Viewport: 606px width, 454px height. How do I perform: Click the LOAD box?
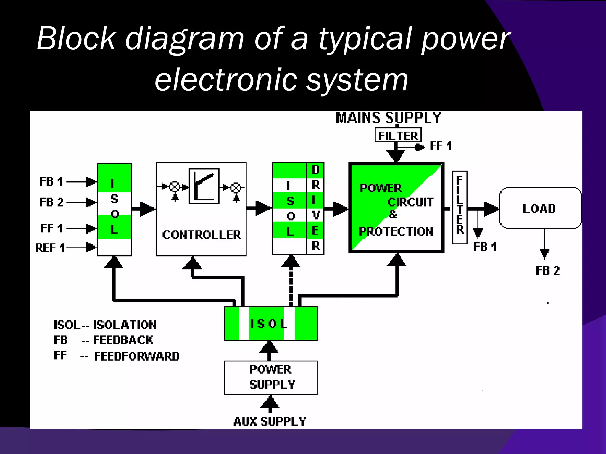pos(540,208)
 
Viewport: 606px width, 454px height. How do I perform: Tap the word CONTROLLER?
pos(202,235)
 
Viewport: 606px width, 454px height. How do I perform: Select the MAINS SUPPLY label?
pos(388,118)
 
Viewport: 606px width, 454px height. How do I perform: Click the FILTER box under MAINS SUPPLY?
pos(398,135)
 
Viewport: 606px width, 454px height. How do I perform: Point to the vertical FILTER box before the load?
pos(460,207)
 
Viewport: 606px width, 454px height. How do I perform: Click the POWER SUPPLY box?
pos(271,377)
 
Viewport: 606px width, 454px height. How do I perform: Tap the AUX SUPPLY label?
pos(270,421)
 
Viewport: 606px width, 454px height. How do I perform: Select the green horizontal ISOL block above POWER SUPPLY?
pos(270,324)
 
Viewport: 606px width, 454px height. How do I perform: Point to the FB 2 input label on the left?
pos(51,202)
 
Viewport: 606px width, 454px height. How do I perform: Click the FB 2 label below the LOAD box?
pos(548,270)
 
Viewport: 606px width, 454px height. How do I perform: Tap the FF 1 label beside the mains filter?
pos(441,146)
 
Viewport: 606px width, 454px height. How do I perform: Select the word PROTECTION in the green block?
pos(396,231)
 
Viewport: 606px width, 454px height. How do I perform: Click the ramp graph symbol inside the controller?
pos(204,186)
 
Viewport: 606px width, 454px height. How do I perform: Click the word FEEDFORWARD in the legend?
pos(137,356)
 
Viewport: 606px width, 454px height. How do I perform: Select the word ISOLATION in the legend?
pos(125,325)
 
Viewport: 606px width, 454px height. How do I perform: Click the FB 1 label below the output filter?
pos(485,247)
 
